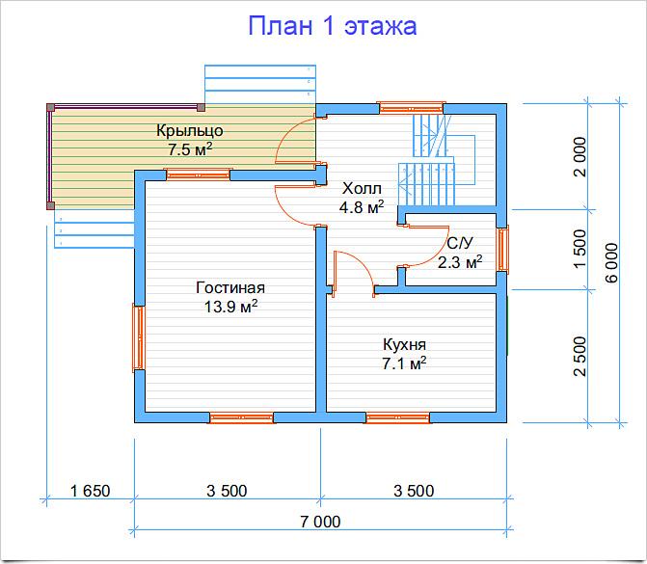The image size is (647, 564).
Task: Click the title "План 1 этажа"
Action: click(332, 26)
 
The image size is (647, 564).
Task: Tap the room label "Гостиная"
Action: click(230, 287)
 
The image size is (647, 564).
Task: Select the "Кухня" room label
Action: click(404, 345)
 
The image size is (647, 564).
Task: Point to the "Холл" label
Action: click(362, 189)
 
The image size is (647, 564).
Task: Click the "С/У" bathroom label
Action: click(460, 243)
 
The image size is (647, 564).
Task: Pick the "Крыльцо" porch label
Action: click(190, 131)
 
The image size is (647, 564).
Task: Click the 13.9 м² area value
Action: click(231, 307)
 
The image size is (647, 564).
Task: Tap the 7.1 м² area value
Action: click(404, 363)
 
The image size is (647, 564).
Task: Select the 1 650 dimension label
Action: click(91, 491)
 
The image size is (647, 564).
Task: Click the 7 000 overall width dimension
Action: click(320, 522)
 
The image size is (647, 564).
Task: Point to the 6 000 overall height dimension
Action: click(612, 262)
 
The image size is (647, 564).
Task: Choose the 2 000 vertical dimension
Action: click(580, 157)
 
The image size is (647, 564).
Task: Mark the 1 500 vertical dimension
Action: click(580, 249)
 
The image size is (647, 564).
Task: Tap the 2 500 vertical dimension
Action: click(580, 357)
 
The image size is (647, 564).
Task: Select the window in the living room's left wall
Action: click(139, 337)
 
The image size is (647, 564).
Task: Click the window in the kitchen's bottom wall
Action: click(397, 417)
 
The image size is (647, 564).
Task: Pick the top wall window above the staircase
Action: click(411, 108)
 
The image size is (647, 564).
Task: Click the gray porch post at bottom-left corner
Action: click(50, 205)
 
